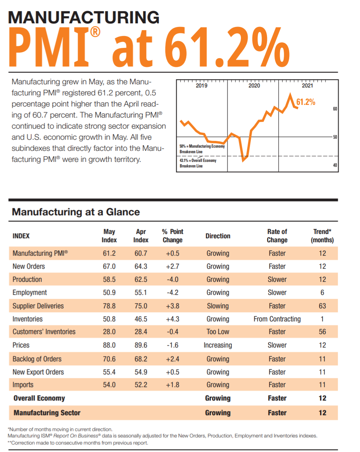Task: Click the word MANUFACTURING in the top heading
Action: coord(83,17)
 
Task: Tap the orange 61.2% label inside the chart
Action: coord(305,102)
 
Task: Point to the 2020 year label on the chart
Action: coord(254,85)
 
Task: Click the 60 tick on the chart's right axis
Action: coord(335,108)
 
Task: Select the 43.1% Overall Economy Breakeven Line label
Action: coord(198,163)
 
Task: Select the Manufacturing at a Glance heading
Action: coord(76,212)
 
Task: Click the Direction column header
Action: coord(218,236)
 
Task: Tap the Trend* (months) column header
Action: coord(322,236)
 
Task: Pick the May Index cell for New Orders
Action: coord(109,266)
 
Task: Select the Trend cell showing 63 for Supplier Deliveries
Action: coord(322,306)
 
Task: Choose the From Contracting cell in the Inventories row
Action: coord(277,319)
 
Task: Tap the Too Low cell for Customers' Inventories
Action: coord(218,332)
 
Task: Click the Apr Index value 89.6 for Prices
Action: coord(141,345)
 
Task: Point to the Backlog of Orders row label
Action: coord(37,359)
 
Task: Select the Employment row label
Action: coord(30,292)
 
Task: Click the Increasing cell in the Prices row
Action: coord(218,345)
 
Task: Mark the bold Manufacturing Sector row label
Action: coord(47,413)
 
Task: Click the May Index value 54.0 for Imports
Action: coord(109,385)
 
